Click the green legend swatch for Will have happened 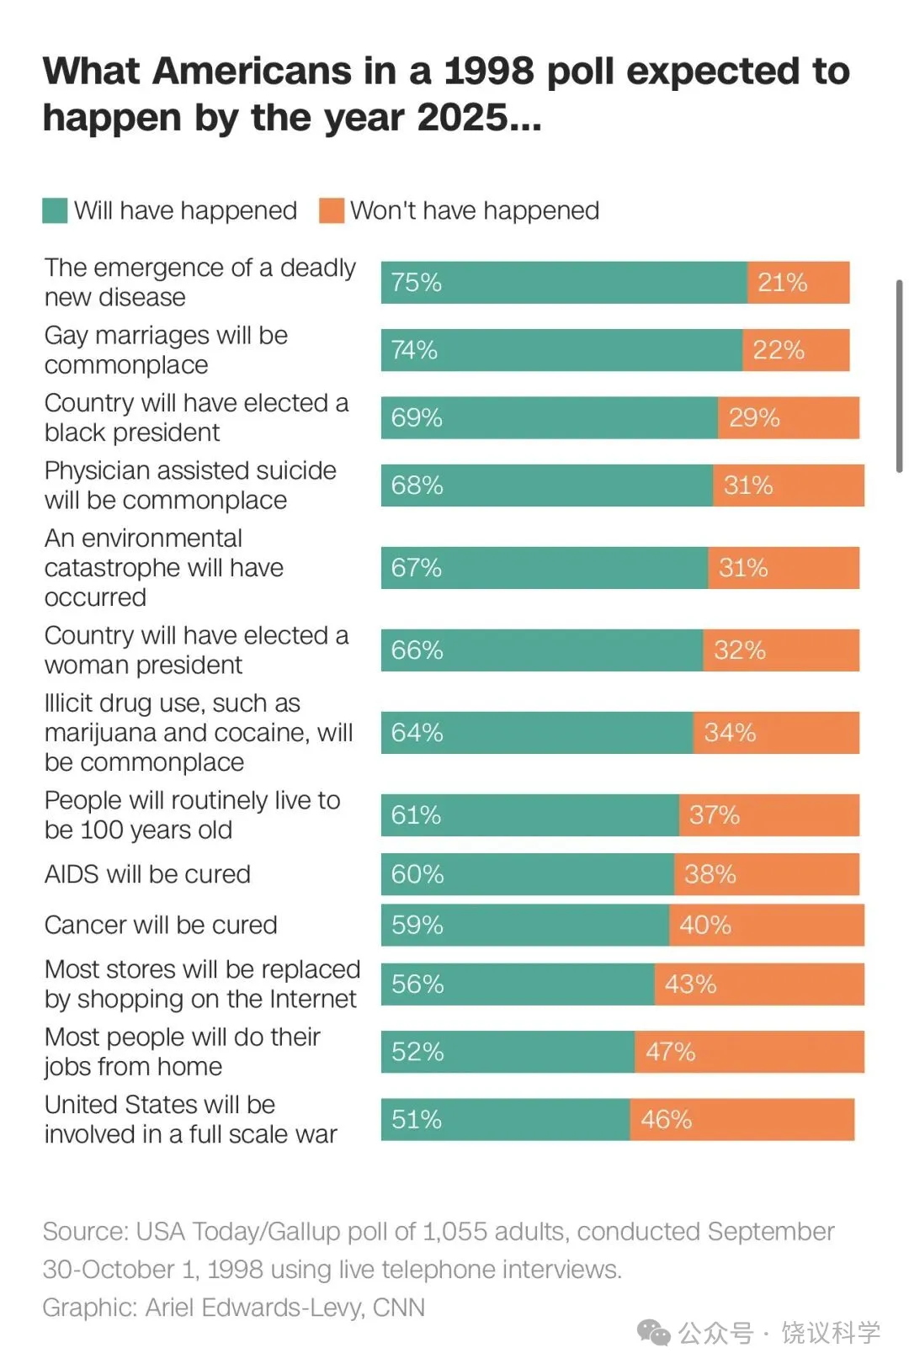point(55,210)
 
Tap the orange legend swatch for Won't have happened point(332,210)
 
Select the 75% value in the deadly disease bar point(417,283)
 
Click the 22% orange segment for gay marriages point(795,350)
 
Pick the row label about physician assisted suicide point(190,486)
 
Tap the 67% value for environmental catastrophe point(417,568)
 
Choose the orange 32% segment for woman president point(780,650)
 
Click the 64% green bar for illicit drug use point(536,733)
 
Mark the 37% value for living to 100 point(715,815)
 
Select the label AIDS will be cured point(147,874)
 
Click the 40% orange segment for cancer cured point(766,926)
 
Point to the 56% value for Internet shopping point(417,984)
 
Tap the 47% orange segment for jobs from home point(749,1052)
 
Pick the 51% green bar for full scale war point(505,1120)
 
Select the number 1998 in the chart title point(489,71)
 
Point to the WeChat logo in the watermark point(653,1332)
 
